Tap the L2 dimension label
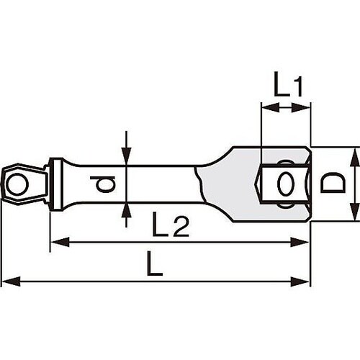pyautogui.click(x=171, y=228)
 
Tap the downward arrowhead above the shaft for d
pyautogui.click(x=126, y=161)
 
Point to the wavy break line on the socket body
pyautogui.click(x=205, y=184)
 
